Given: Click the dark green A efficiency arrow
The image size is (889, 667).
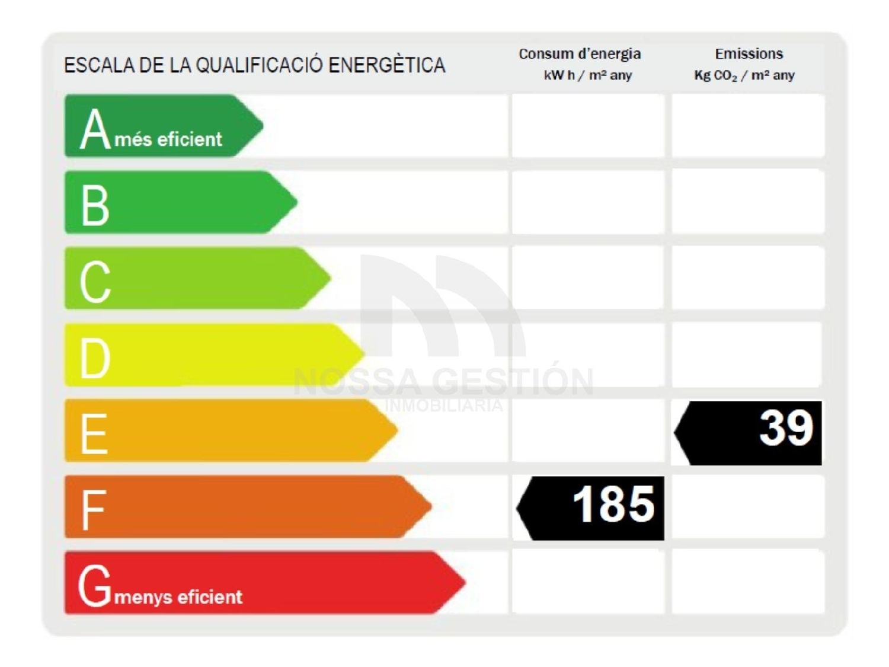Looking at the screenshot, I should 160,126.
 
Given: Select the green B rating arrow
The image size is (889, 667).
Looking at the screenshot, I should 178,202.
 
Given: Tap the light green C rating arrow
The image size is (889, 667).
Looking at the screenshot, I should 196,278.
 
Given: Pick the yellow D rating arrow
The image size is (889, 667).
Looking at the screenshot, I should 213,355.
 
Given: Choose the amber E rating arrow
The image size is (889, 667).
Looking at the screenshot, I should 231,430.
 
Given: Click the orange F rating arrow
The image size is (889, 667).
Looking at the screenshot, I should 249,507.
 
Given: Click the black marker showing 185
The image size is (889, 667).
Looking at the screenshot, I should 593,508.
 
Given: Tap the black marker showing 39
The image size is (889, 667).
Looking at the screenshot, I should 750,432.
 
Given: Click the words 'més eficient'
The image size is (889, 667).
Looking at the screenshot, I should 168,139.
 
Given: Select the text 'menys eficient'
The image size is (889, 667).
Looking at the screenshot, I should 178,596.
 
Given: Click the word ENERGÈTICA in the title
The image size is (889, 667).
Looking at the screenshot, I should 386,65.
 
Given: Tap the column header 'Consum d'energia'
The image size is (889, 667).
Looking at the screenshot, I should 580,54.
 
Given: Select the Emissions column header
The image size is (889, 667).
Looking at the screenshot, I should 749,54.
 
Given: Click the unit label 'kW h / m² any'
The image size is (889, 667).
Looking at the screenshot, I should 587,75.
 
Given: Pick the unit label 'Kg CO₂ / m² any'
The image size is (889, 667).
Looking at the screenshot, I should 744,75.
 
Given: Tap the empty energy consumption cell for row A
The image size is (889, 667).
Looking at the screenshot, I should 587,126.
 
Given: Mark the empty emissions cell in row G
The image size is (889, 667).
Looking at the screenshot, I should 748,583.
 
